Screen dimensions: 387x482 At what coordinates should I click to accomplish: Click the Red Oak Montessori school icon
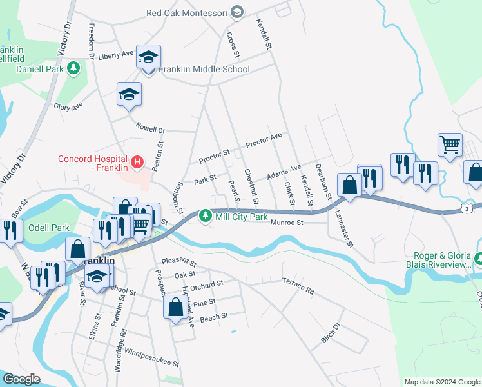pos(236,13)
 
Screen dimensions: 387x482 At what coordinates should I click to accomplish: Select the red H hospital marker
pos(137,162)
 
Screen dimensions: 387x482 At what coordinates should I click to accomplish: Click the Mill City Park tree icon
pos(205,216)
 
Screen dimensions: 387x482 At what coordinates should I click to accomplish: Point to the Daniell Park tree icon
pos(74,67)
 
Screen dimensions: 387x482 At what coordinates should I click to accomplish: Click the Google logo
pos(21,379)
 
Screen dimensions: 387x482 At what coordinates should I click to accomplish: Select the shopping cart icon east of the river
pos(450,145)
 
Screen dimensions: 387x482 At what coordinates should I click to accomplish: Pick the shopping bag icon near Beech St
pos(175,308)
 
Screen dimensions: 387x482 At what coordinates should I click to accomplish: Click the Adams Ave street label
pos(284,172)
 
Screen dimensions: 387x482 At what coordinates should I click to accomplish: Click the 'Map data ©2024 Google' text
pos(442,382)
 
